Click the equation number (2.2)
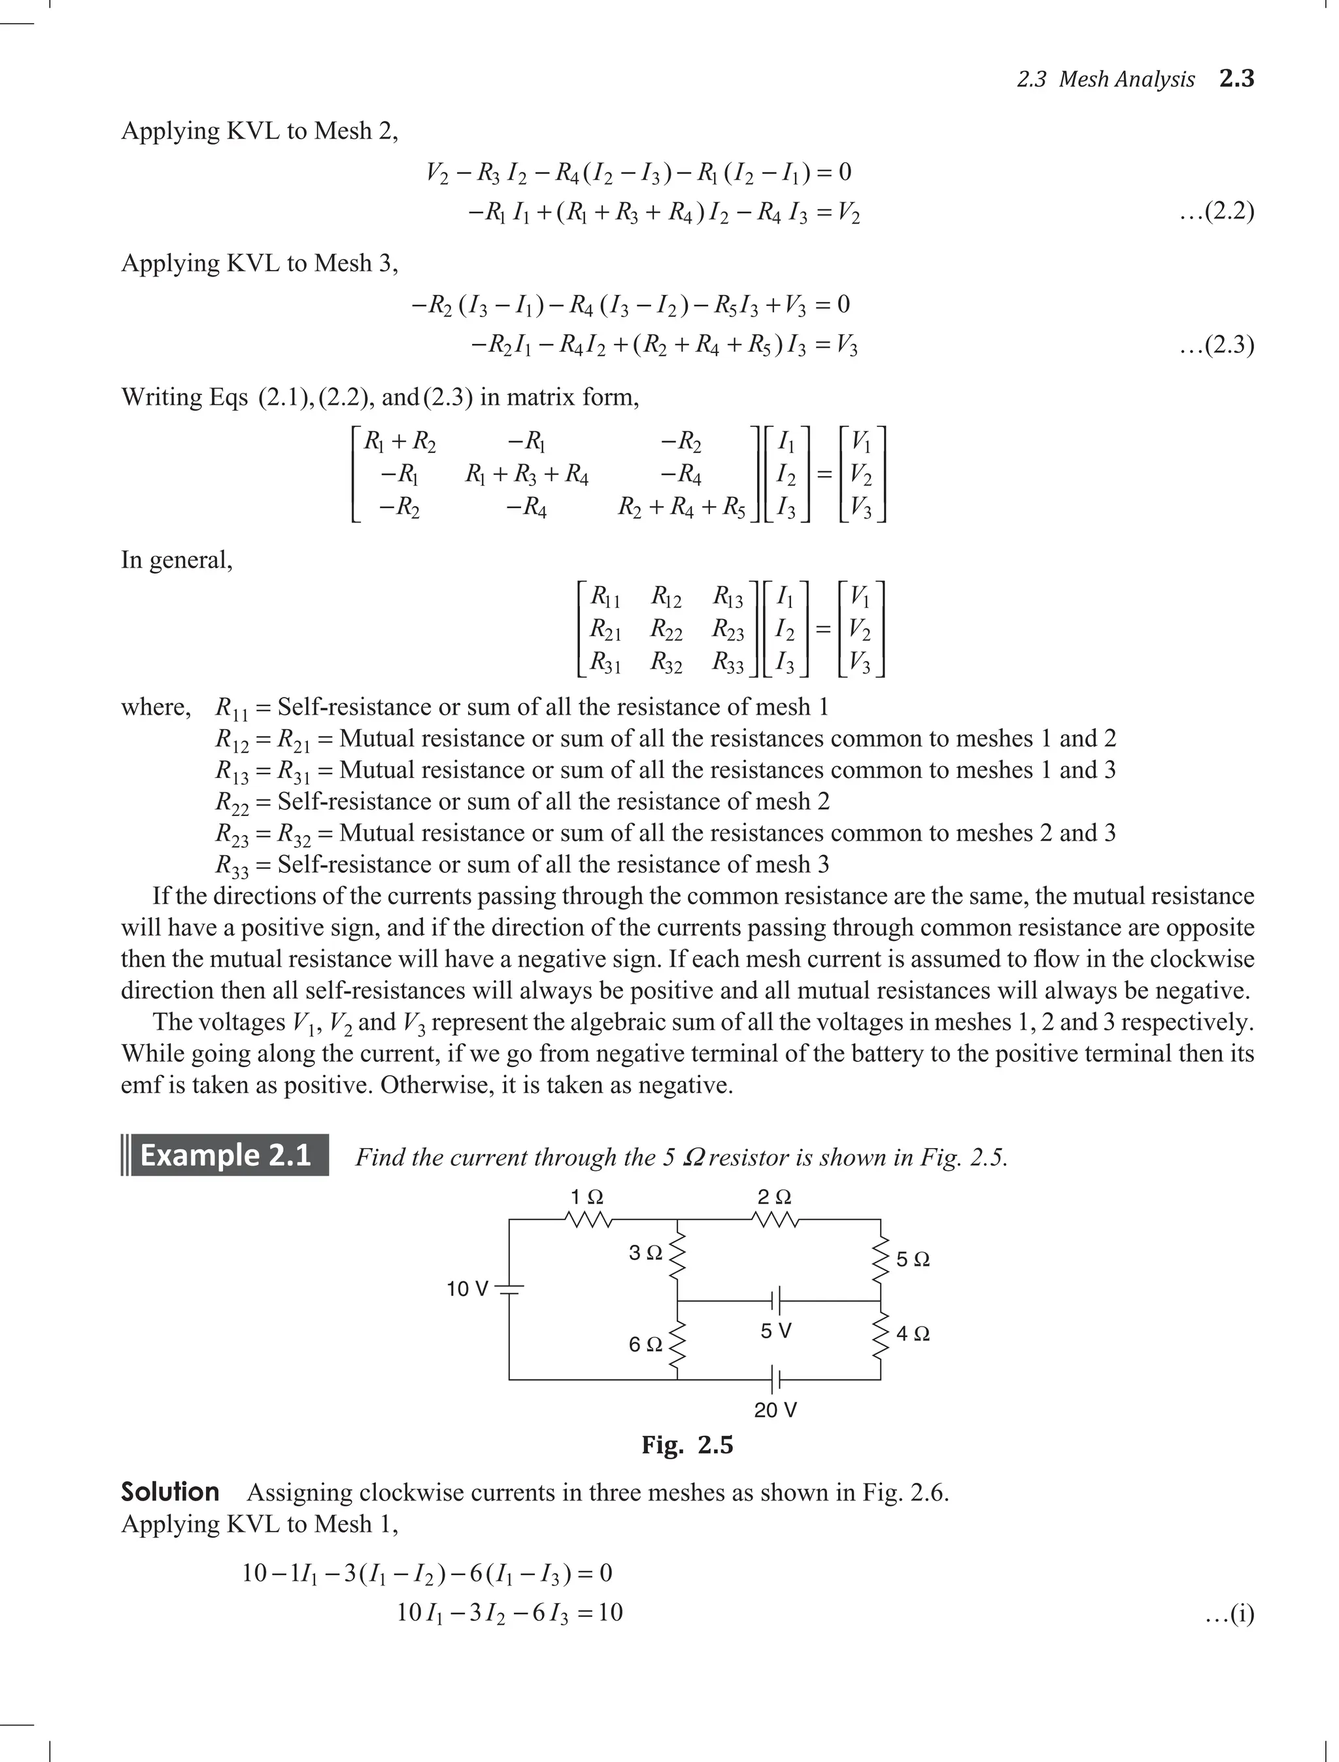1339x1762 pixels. pyautogui.click(x=1216, y=212)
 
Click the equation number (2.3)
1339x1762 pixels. pyautogui.click(x=1216, y=345)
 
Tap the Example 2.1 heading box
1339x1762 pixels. pyautogui.click(x=226, y=1155)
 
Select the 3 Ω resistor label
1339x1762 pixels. pyautogui.click(x=645, y=1253)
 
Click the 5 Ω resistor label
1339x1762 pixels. pyautogui.click(x=913, y=1260)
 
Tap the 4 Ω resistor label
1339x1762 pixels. pyautogui.click(x=913, y=1333)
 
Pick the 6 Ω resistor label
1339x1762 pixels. pyautogui.click(x=645, y=1344)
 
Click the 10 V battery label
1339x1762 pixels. pyautogui.click(x=467, y=1289)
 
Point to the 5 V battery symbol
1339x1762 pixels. pyautogui.click(x=775, y=1300)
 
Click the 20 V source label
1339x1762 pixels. pyautogui.click(x=775, y=1410)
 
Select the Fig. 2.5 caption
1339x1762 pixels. pyautogui.click(x=687, y=1445)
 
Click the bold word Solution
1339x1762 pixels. pyautogui.click(x=170, y=1492)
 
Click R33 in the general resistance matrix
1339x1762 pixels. pyautogui.click(x=728, y=662)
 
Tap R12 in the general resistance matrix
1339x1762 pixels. pyautogui.click(x=666, y=597)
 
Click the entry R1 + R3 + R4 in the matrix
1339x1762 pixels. pyautogui.click(x=527, y=477)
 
